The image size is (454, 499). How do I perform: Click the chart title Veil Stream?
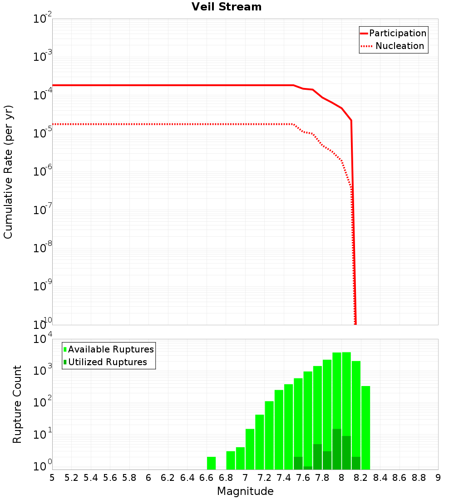tap(227, 7)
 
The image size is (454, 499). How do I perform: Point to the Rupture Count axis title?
tap(17, 404)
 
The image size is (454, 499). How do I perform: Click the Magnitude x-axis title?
tap(245, 491)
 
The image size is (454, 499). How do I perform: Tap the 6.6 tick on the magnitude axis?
tap(207, 478)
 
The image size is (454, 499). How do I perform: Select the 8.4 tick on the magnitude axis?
tap(380, 478)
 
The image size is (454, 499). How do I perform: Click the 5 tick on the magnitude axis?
tap(52, 478)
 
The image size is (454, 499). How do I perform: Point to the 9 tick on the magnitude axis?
tap(438, 478)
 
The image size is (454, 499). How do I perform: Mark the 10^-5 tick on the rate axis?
tap(42, 133)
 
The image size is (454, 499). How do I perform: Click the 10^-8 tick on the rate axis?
tap(42, 248)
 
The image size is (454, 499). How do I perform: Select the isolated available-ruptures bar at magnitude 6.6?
tap(211, 463)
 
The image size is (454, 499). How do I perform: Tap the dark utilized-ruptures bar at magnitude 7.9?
tap(336, 449)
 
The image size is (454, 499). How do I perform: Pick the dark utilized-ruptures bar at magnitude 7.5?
tap(298, 463)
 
